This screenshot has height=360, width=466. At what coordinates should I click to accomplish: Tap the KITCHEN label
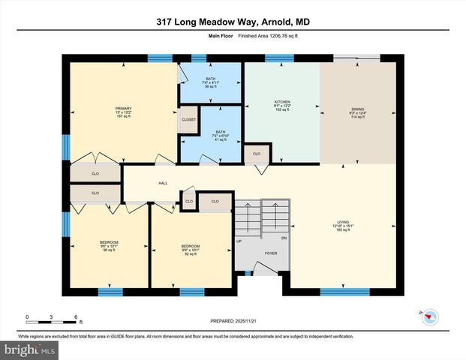pos(281,101)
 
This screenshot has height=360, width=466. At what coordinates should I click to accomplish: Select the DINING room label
pos(357,109)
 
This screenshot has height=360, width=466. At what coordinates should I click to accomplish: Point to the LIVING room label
pos(343,222)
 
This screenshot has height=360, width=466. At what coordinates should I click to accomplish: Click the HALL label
pos(162,183)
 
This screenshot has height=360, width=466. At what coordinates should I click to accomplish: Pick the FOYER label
pos(270,253)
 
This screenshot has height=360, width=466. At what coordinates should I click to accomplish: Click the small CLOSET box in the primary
pos(188,120)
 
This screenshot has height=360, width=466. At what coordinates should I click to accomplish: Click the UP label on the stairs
pos(239,241)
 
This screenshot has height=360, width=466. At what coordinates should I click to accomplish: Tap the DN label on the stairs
pos(284,238)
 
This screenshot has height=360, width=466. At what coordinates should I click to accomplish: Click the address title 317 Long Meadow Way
pos(232,22)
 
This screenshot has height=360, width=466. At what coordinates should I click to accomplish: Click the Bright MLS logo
pos(30,350)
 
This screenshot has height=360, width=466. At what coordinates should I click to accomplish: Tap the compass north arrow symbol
pos(428,316)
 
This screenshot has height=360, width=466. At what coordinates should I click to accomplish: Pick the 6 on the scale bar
pos(76,317)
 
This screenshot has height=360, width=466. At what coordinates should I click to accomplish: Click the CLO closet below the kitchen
pos(257,154)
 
